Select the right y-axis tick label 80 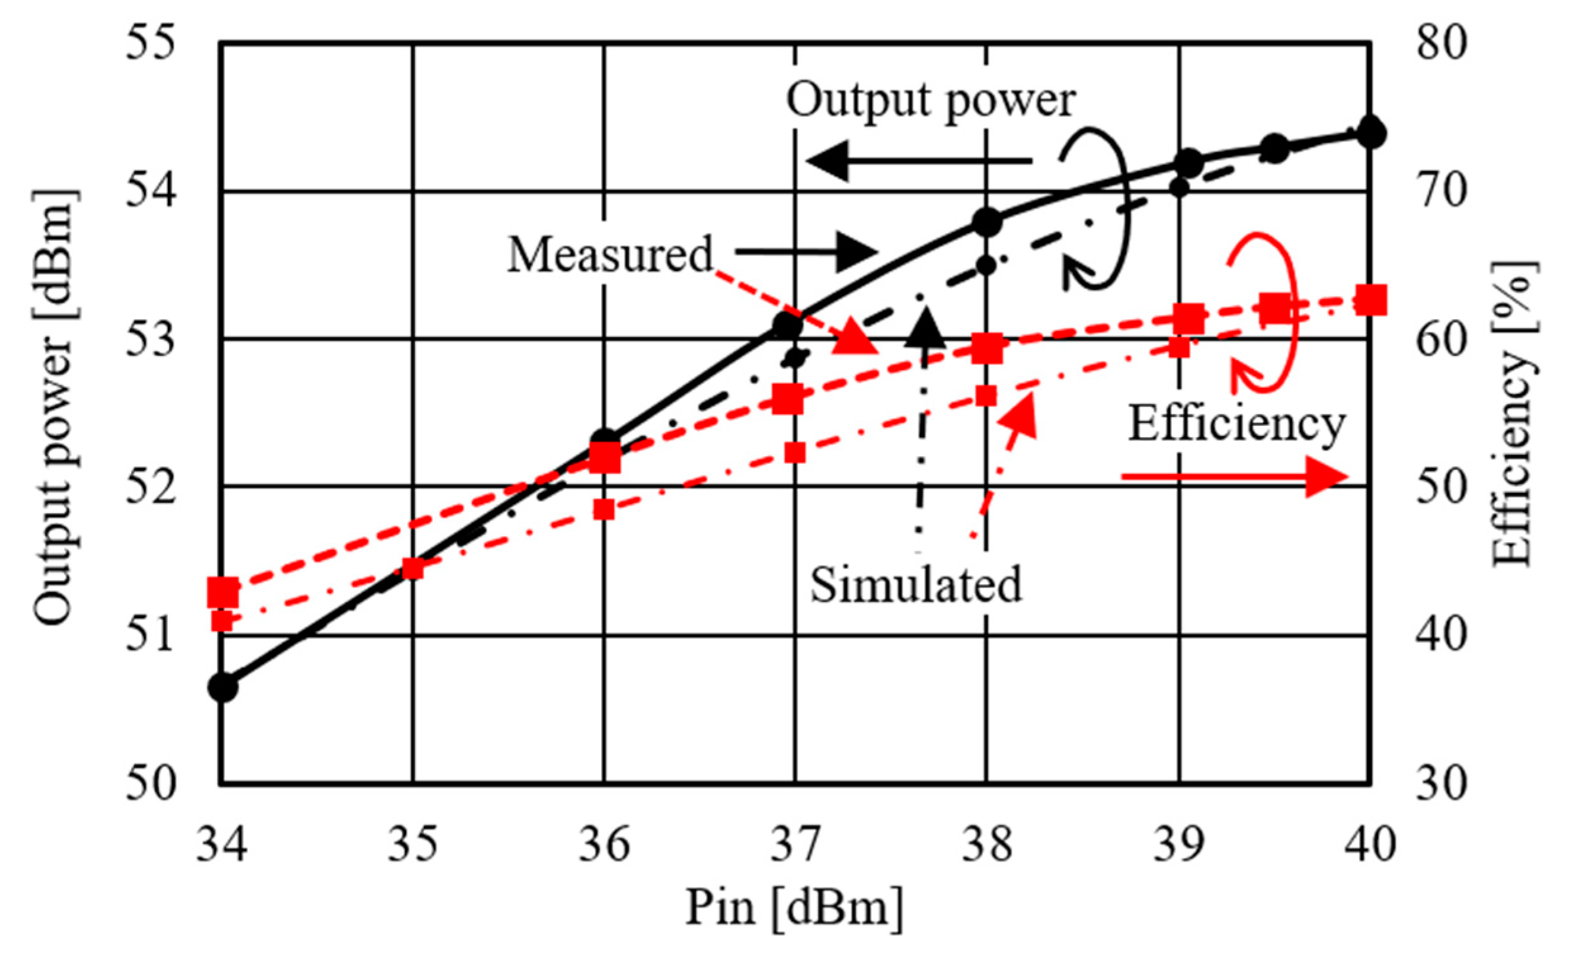tap(1441, 44)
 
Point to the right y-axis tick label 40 tap(1441, 635)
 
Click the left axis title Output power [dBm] tap(56, 408)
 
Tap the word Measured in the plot tap(609, 255)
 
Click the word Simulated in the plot tap(915, 584)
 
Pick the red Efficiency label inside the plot tap(1237, 423)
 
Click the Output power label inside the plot tap(931, 100)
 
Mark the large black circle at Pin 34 tap(223, 687)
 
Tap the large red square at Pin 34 tap(223, 592)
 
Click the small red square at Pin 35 tap(413, 568)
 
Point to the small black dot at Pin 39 tap(1180, 188)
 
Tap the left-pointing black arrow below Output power tap(918, 161)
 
